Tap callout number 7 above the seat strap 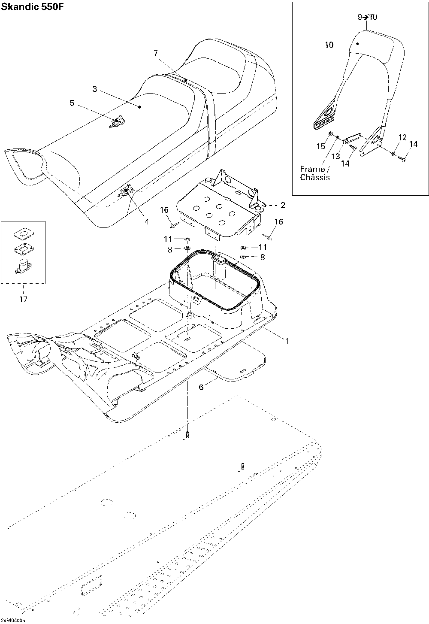tap(156, 53)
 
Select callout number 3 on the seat tap(95, 89)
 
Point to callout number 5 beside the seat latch tap(72, 103)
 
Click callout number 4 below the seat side tap(147, 221)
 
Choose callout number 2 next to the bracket tap(282, 205)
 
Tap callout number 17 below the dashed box tap(23, 299)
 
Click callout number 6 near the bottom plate tap(201, 387)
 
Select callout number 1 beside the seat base tap(287, 341)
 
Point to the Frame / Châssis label tap(315, 173)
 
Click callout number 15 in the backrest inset tap(321, 146)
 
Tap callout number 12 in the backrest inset tap(402, 137)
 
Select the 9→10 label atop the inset tap(367, 17)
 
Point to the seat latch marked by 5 tap(117, 122)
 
